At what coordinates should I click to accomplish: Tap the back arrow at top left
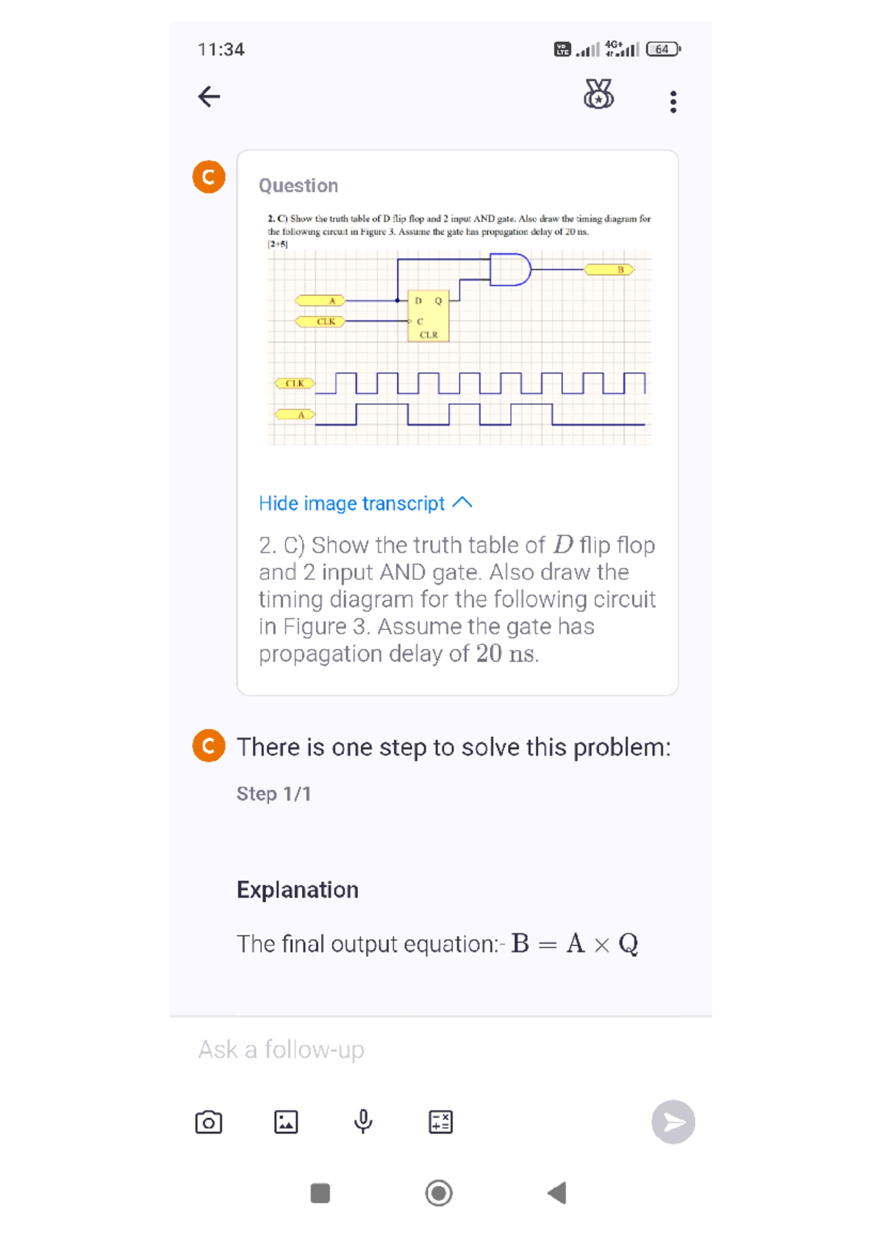pyautogui.click(x=209, y=96)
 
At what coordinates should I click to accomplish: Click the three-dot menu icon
pyautogui.click(x=673, y=101)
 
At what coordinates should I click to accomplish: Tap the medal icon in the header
pyautogui.click(x=598, y=95)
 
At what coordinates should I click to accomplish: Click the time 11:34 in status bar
pyautogui.click(x=220, y=49)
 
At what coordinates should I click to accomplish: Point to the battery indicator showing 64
pyautogui.click(x=663, y=49)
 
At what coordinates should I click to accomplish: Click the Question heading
pyautogui.click(x=298, y=185)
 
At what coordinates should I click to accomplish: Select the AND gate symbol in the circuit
pyautogui.click(x=510, y=270)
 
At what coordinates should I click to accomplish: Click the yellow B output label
pyautogui.click(x=609, y=270)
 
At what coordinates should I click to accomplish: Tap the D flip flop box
pyautogui.click(x=428, y=318)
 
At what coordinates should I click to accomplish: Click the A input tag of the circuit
pyautogui.click(x=320, y=301)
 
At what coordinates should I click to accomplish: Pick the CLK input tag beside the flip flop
pyautogui.click(x=320, y=321)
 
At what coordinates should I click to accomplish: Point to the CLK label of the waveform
pyautogui.click(x=295, y=383)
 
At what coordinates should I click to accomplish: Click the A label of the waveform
pyautogui.click(x=295, y=415)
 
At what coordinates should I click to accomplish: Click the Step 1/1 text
pyautogui.click(x=273, y=794)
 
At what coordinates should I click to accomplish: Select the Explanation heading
pyautogui.click(x=298, y=890)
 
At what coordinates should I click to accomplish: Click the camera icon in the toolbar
pyautogui.click(x=209, y=1122)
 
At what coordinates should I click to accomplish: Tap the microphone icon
pyautogui.click(x=363, y=1122)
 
